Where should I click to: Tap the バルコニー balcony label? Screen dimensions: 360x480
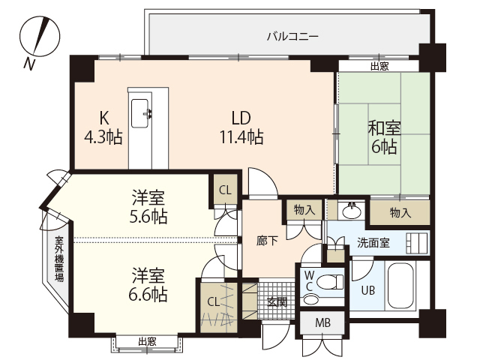click(293, 35)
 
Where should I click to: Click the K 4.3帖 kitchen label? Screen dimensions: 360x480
click(103, 127)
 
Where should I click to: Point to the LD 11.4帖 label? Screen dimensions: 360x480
click(240, 127)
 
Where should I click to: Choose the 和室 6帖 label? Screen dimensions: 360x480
click(383, 136)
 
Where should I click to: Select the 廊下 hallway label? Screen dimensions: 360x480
click(267, 241)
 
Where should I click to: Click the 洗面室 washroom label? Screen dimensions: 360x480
click(372, 241)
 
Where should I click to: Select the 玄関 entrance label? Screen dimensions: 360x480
click(277, 301)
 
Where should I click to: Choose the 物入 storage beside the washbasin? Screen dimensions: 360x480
click(304, 210)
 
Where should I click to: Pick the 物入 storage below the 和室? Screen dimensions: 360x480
click(400, 212)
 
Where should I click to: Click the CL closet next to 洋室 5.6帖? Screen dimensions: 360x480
click(225, 190)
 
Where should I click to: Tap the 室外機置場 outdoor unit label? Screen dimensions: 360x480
click(58, 259)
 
